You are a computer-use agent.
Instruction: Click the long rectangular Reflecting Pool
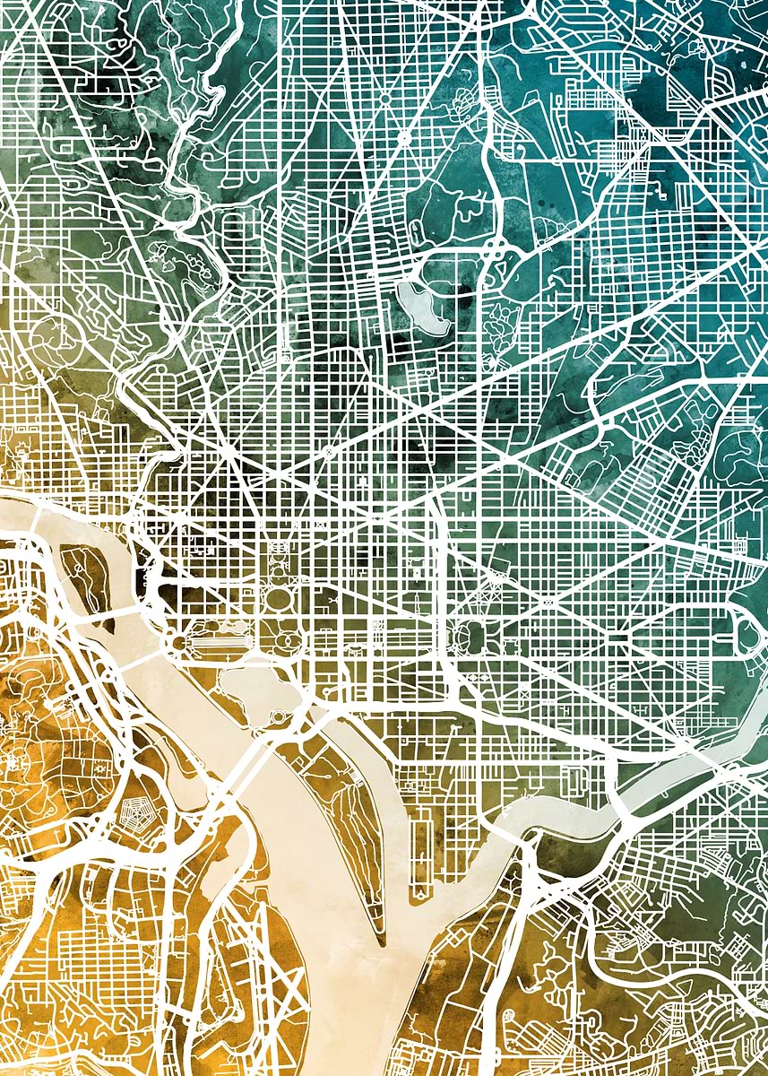tap(220, 643)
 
